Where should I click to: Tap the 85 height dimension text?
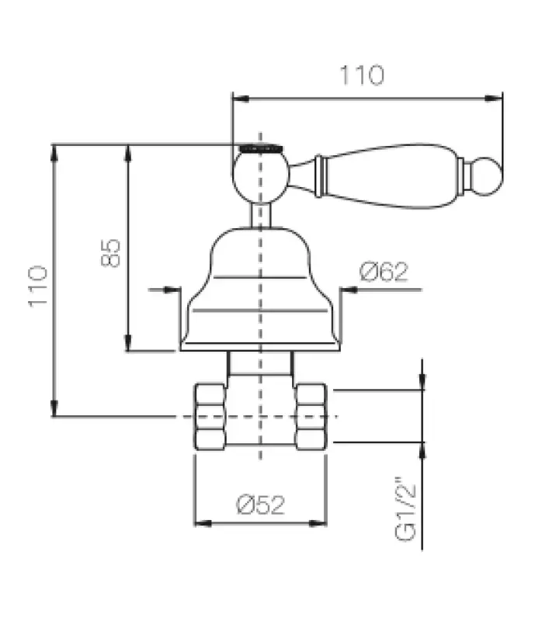pyautogui.click(x=111, y=252)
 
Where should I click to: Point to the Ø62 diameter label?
pyautogui.click(x=384, y=272)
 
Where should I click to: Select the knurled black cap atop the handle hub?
pyautogui.click(x=259, y=146)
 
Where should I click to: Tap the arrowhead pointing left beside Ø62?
pyautogui.click(x=347, y=290)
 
